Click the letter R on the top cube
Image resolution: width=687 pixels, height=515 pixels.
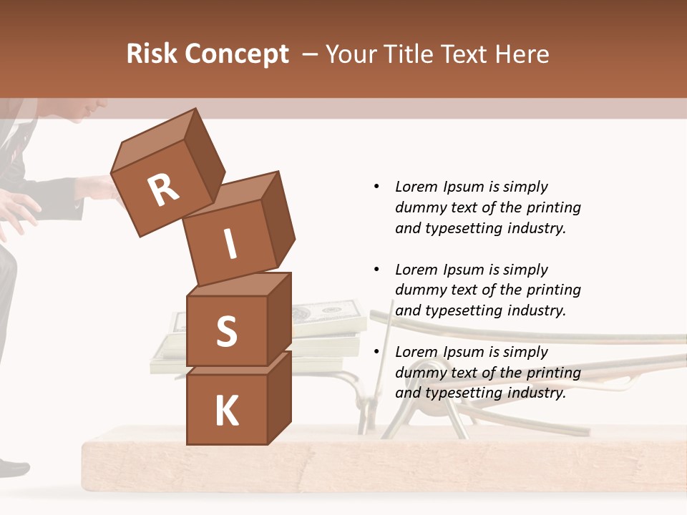pos(163,190)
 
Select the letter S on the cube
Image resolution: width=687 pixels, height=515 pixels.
pos(226,331)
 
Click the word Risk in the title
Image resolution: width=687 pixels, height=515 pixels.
pos(151,54)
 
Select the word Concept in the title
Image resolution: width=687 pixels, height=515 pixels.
pos(237,54)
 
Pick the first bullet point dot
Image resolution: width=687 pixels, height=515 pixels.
pos(376,187)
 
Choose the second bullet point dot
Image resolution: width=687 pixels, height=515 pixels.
pos(376,270)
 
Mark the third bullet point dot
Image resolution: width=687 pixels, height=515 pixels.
pos(376,352)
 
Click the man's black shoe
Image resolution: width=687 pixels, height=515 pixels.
pos(13,469)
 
